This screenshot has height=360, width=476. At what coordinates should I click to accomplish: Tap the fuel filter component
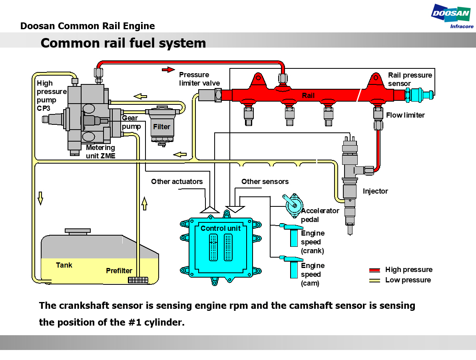pyautogui.click(x=162, y=125)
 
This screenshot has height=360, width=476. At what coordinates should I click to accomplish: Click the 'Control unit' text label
pyautogui.click(x=221, y=228)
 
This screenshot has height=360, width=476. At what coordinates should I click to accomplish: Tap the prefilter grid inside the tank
pyautogui.click(x=138, y=280)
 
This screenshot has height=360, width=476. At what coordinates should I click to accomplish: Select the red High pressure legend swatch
pyautogui.click(x=374, y=270)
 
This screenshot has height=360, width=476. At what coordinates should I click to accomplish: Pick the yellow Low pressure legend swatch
pyautogui.click(x=374, y=280)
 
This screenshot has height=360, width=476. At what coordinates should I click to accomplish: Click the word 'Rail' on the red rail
pyautogui.click(x=308, y=96)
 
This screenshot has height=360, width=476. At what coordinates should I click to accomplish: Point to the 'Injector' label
pyautogui.click(x=375, y=191)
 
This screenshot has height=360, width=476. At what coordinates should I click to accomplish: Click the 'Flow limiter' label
pyautogui.click(x=405, y=115)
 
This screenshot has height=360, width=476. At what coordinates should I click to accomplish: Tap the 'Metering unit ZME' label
pyautogui.click(x=100, y=152)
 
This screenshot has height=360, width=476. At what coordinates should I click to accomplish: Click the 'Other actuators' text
pyautogui.click(x=177, y=182)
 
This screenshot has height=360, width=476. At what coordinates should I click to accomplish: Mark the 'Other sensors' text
pyautogui.click(x=265, y=182)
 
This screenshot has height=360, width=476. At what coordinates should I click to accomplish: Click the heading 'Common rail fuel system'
pyautogui.click(x=123, y=43)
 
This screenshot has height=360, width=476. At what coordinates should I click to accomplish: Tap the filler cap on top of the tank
pyautogui.click(x=78, y=232)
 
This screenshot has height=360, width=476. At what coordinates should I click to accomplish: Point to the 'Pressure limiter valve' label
pyautogui.click(x=199, y=79)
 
